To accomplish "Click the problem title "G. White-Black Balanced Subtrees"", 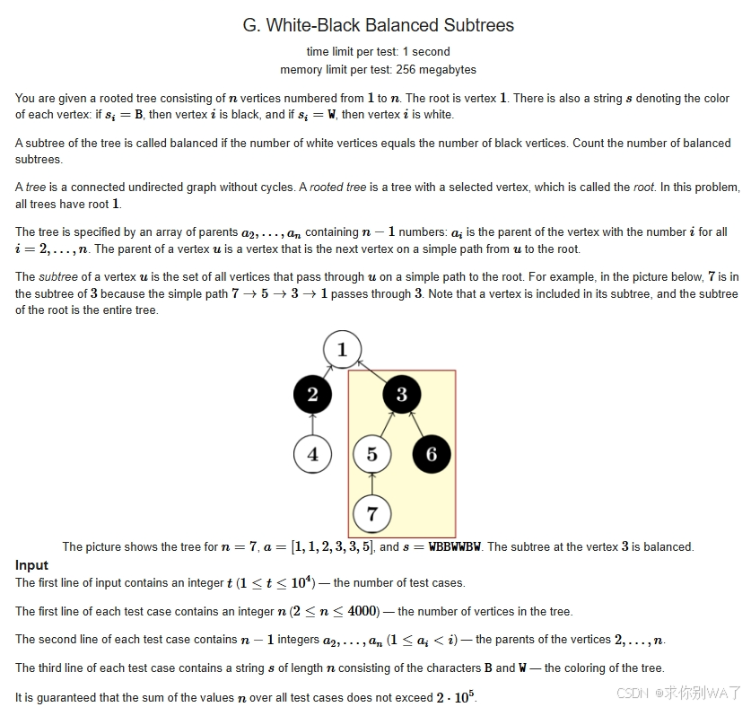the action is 378,25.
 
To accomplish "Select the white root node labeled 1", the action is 342,349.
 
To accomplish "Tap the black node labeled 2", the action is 312,394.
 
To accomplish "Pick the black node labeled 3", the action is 401,394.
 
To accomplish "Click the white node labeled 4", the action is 312,454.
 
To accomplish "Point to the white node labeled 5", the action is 371,454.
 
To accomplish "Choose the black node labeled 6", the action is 431,454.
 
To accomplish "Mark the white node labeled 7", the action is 371,514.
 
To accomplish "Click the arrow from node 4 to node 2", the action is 312,423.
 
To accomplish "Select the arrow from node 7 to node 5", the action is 371,484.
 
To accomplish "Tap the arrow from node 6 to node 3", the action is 417,423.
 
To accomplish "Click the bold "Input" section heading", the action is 31,565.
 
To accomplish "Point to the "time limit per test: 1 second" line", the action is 378,52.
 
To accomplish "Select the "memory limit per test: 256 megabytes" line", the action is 378,70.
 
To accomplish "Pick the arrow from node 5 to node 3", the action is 386,424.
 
